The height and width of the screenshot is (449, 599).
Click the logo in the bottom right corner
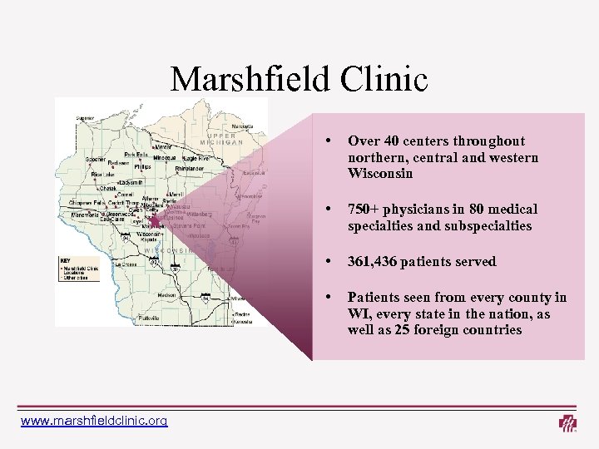(568, 423)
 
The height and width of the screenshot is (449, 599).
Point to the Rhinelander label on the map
(192, 168)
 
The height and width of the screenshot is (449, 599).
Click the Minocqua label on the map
(163, 157)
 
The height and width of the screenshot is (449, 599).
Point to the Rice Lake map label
(103, 174)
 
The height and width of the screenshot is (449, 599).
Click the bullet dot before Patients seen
(331, 296)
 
